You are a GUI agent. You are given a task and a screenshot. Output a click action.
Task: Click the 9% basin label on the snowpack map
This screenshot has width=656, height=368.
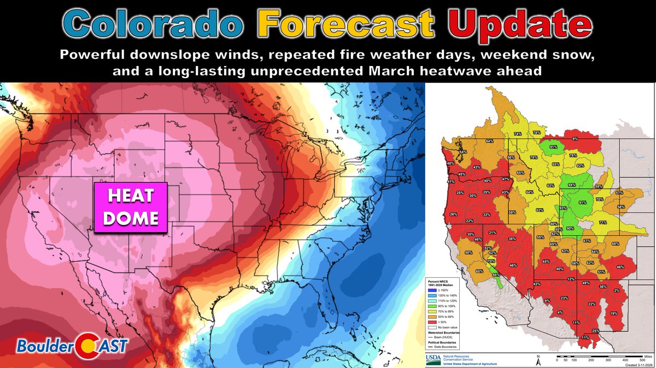(575, 139)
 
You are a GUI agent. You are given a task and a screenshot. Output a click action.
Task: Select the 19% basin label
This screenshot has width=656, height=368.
(614, 313)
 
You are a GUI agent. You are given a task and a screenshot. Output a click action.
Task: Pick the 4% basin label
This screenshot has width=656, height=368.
(559, 312)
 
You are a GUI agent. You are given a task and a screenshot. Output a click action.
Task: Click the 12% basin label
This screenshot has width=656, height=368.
(571, 279)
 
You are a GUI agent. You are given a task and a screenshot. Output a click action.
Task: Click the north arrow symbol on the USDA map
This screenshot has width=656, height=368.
(538, 359)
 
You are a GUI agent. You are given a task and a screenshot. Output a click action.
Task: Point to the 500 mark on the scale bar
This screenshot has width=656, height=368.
(640, 360)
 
